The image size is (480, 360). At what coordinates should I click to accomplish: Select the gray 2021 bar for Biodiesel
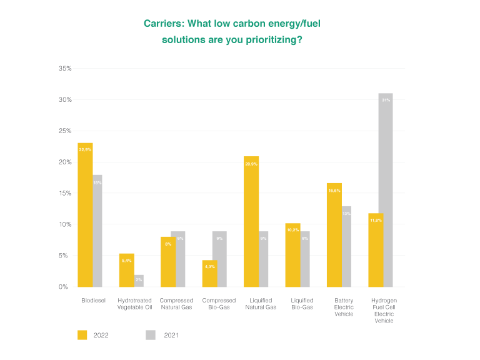click(97, 231)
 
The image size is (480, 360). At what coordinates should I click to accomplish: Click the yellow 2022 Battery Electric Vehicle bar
click(334, 235)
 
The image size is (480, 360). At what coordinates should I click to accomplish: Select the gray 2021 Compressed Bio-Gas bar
click(219, 259)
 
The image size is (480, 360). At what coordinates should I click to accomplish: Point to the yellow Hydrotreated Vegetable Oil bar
click(126, 270)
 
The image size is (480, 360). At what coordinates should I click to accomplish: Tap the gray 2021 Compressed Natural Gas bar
click(178, 259)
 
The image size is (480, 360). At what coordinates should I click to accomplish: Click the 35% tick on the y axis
click(65, 68)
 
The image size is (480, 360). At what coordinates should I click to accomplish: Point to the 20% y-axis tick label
click(65, 162)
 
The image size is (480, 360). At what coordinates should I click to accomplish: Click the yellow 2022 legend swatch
click(82, 335)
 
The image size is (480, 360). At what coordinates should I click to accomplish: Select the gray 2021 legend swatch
click(151, 335)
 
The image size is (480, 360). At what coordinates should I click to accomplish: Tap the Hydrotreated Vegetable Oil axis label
click(134, 304)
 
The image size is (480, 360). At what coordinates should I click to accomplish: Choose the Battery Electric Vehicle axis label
click(344, 307)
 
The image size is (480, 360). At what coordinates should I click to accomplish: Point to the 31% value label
click(386, 100)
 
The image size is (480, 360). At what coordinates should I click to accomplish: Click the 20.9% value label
click(251, 164)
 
